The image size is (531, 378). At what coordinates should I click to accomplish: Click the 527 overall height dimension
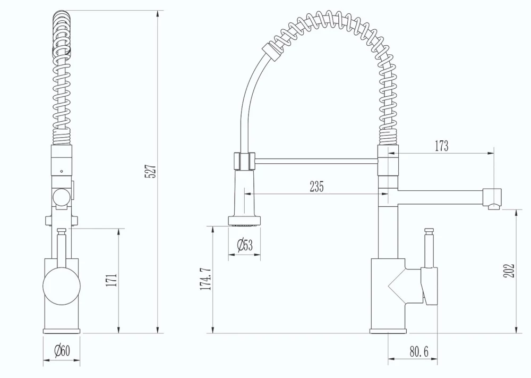pyautogui.click(x=151, y=171)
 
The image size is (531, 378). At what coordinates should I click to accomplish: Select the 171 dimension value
pyautogui.click(x=112, y=280)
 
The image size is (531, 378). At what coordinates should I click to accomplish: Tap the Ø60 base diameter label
pyautogui.click(x=62, y=351)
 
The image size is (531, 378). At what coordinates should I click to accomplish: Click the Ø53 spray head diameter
pyautogui.click(x=245, y=245)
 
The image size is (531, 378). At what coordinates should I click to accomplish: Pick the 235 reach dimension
pyautogui.click(x=316, y=186)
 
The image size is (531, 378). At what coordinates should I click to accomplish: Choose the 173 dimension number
pyautogui.click(x=441, y=146)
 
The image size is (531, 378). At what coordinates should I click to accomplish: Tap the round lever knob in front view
pyautogui.click(x=61, y=285)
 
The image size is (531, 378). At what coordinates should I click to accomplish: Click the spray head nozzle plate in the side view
pyautogui.click(x=245, y=220)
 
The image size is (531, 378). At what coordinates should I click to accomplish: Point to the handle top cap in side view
pyautogui.click(x=429, y=231)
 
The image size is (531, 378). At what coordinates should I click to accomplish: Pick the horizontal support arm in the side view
pyautogui.click(x=316, y=160)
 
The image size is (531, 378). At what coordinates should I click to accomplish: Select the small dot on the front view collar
pyautogui.click(x=62, y=172)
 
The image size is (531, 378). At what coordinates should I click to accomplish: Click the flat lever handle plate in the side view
pyautogui.click(x=430, y=286)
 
